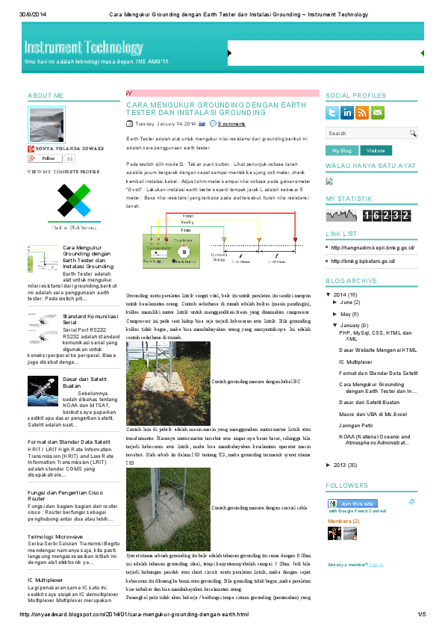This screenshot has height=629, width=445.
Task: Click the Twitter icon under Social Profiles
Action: click(333, 113)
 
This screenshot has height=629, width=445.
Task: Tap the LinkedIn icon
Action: click(347, 113)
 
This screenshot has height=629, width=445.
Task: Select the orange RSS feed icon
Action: click(362, 113)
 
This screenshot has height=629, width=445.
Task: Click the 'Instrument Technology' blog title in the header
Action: click(83, 48)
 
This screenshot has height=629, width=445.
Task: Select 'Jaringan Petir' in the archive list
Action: click(355, 424)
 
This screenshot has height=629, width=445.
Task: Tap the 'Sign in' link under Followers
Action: click(376, 565)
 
